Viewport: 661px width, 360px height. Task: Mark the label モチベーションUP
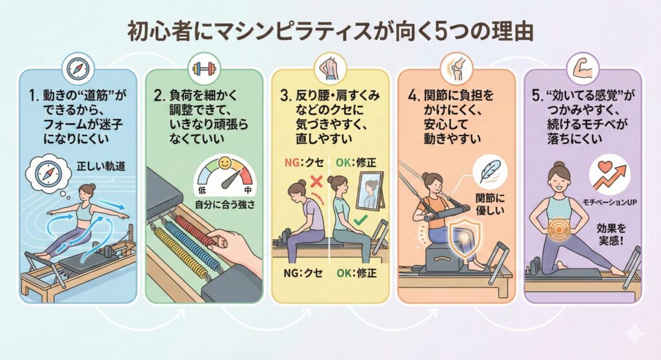click(x=607, y=202)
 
